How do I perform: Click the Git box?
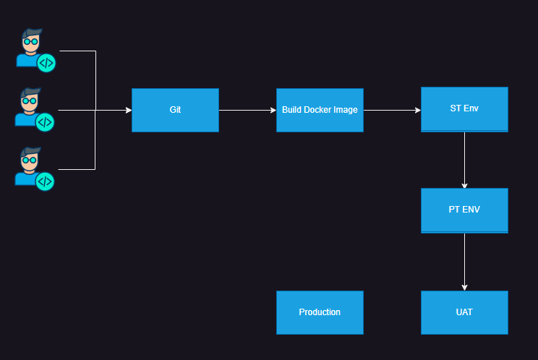pyautogui.click(x=175, y=110)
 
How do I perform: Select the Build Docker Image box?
pyautogui.click(x=320, y=110)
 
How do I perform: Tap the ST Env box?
pyautogui.click(x=464, y=109)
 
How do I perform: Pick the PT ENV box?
pyautogui.click(x=464, y=210)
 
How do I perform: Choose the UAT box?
pyautogui.click(x=464, y=312)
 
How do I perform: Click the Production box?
pyautogui.click(x=320, y=312)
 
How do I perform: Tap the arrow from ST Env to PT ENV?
pyautogui.click(x=464, y=160)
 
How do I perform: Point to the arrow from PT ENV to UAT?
pyautogui.click(x=464, y=261)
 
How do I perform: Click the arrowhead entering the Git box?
pyautogui.click(x=128, y=111)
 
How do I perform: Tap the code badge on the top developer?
pyautogui.click(x=46, y=63)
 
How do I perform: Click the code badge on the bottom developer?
pyautogui.click(x=45, y=181)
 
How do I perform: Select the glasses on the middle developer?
pyautogui.click(x=29, y=101)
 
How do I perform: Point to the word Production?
pyautogui.click(x=320, y=312)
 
